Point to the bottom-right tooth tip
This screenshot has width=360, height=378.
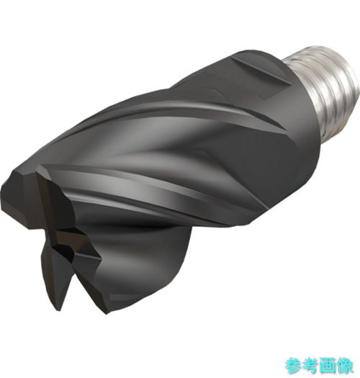tap(106, 313)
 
